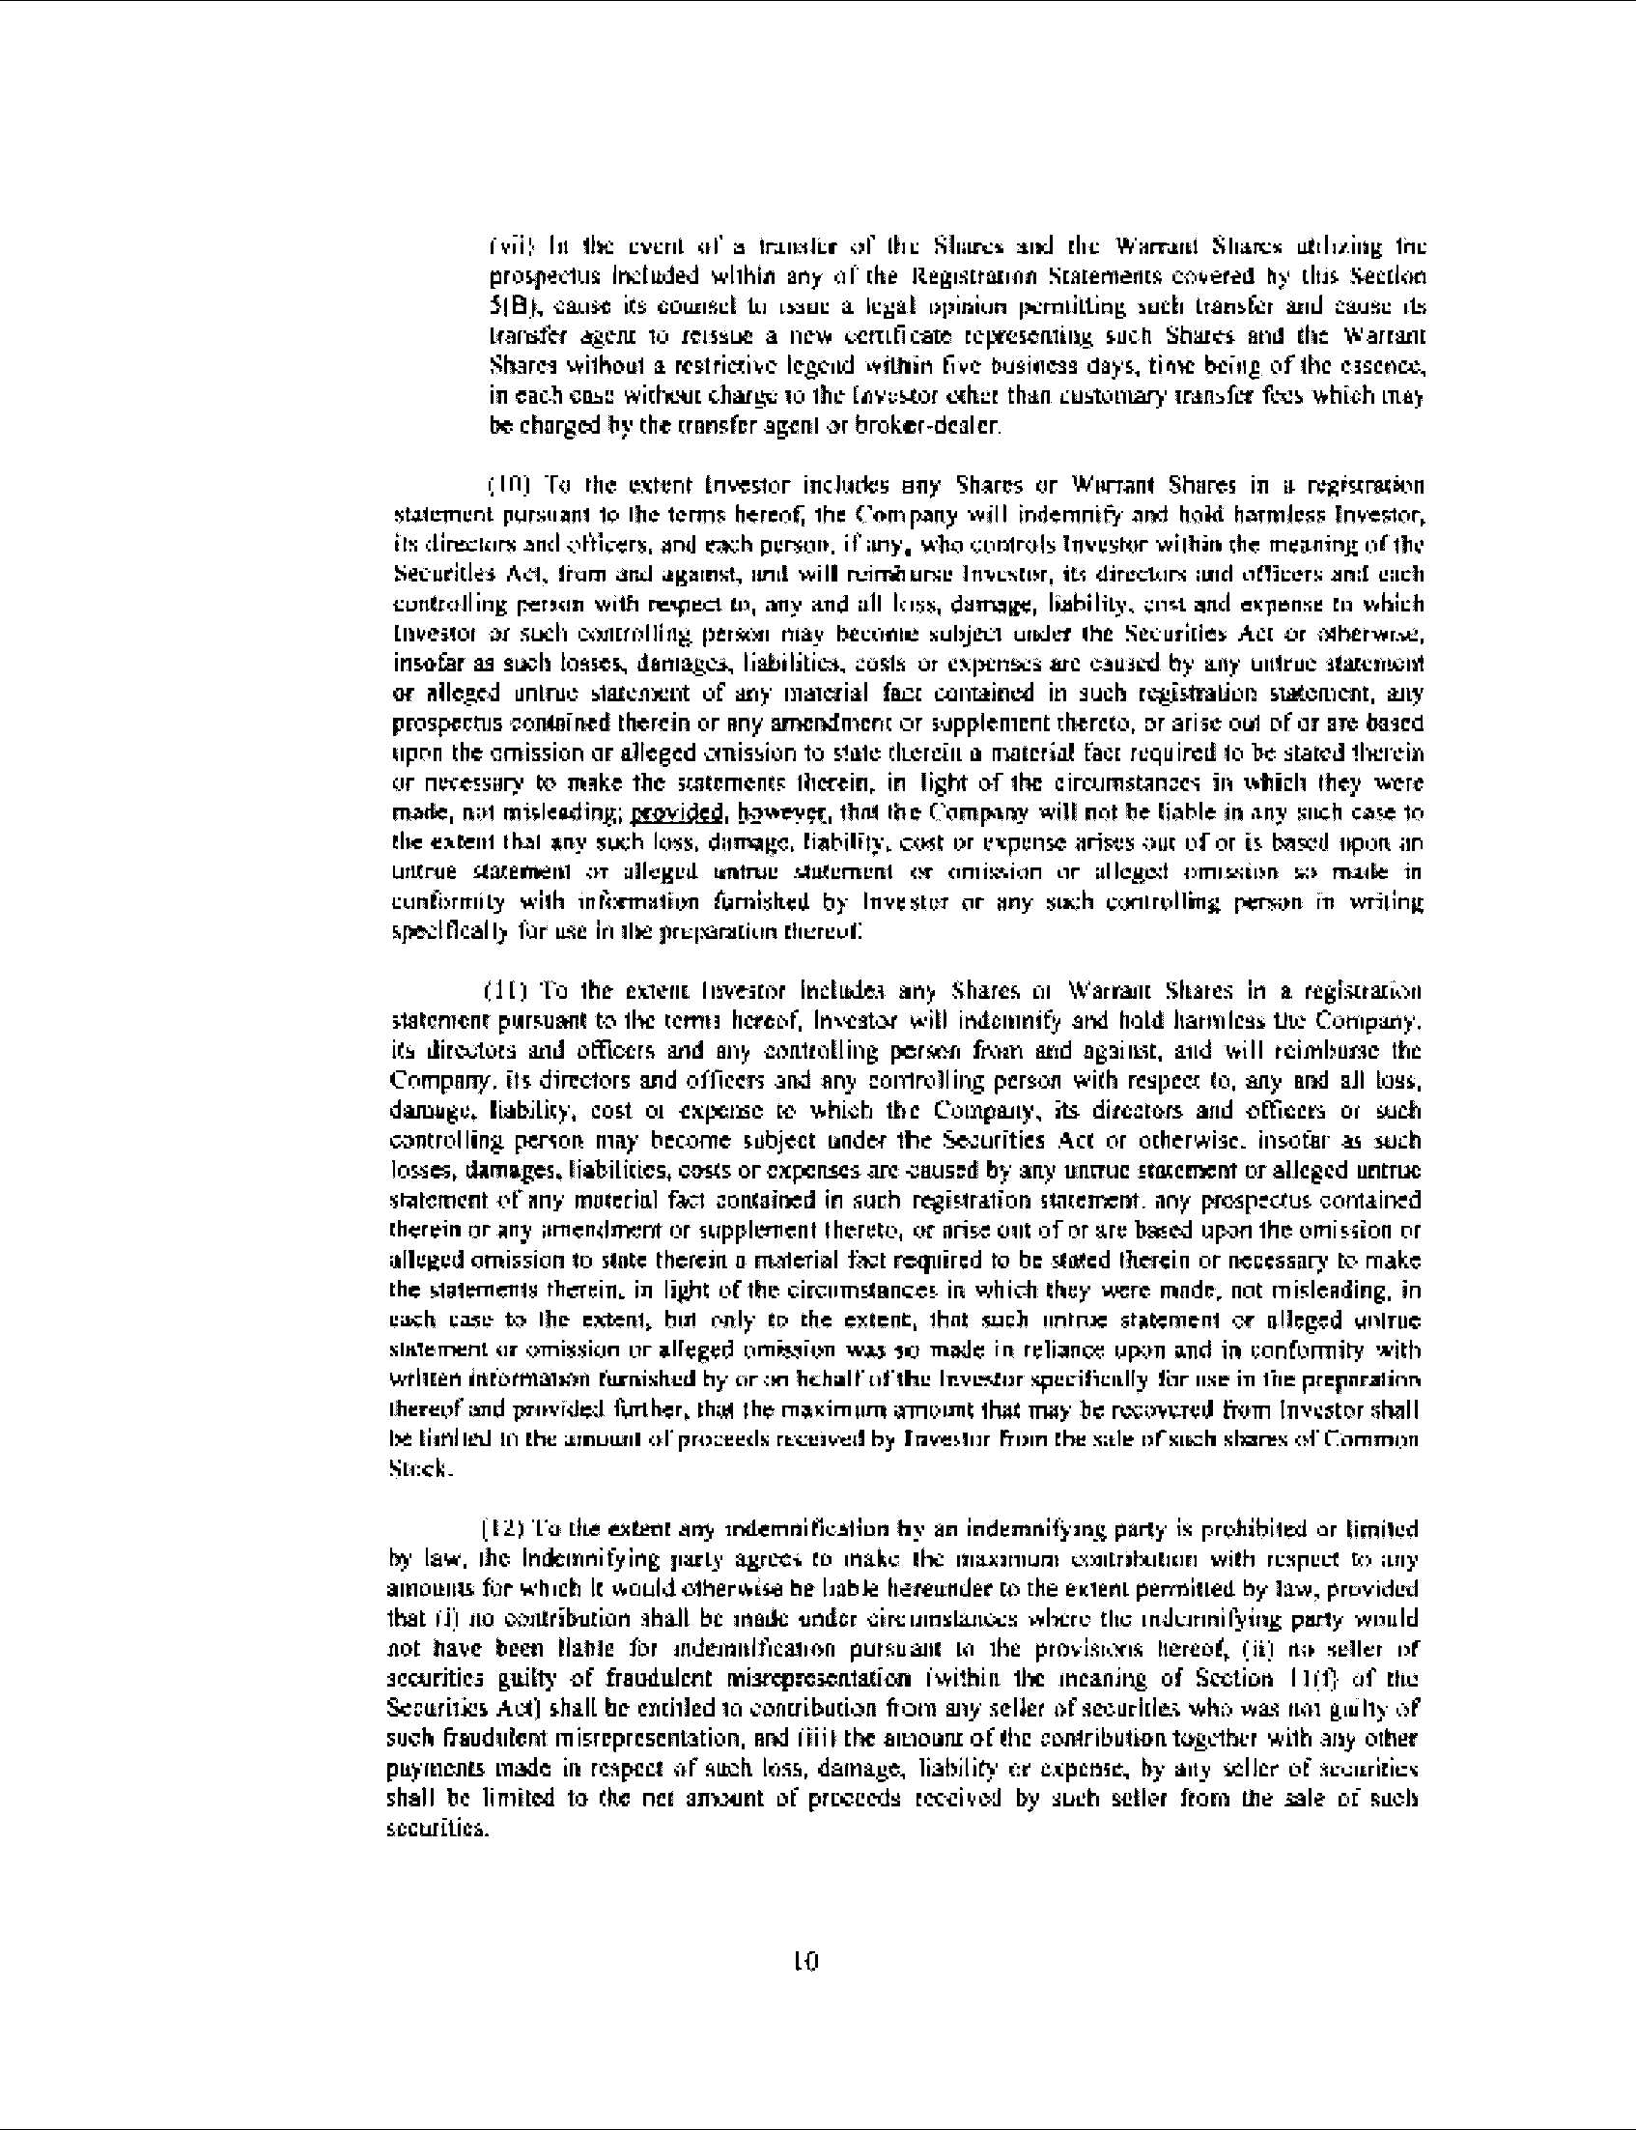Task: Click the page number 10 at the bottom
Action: pyautogui.click(x=807, y=1960)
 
